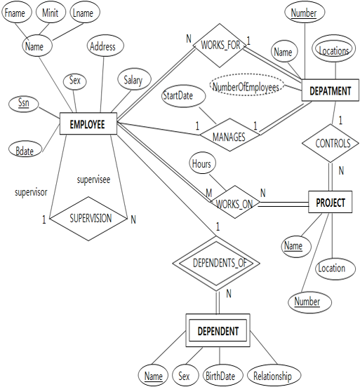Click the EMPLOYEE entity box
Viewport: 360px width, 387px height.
click(x=88, y=123)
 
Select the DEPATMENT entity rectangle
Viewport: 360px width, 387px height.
click(x=330, y=90)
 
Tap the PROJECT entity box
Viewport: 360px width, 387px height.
click(x=330, y=202)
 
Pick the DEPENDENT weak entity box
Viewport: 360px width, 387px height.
click(x=218, y=330)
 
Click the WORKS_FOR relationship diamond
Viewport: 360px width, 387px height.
click(x=220, y=46)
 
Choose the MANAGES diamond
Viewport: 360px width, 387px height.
click(x=229, y=135)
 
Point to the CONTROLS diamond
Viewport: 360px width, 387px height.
click(x=331, y=143)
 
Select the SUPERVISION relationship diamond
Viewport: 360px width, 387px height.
click(x=88, y=219)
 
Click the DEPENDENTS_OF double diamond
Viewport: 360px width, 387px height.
click(x=216, y=263)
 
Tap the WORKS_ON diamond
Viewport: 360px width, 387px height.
click(x=234, y=202)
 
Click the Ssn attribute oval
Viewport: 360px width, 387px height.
click(x=24, y=104)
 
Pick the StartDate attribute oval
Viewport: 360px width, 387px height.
click(x=184, y=96)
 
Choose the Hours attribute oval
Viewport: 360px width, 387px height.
click(x=202, y=163)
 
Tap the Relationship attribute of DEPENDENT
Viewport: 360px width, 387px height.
click(x=274, y=375)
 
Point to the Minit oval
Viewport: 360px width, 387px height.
click(x=51, y=12)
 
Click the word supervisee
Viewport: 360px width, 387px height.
click(x=93, y=179)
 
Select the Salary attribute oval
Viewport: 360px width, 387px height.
click(x=134, y=79)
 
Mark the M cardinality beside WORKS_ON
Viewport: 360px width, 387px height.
click(x=209, y=193)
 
